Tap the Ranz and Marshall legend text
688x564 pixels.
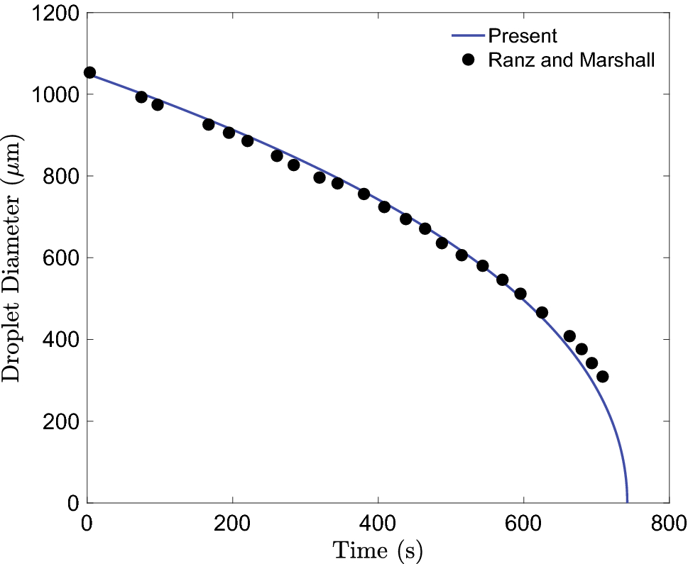coord(571,60)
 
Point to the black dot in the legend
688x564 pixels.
coord(467,60)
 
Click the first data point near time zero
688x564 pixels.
coord(89,72)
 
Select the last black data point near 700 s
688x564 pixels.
coord(602,377)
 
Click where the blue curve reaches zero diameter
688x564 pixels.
coord(627,501)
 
